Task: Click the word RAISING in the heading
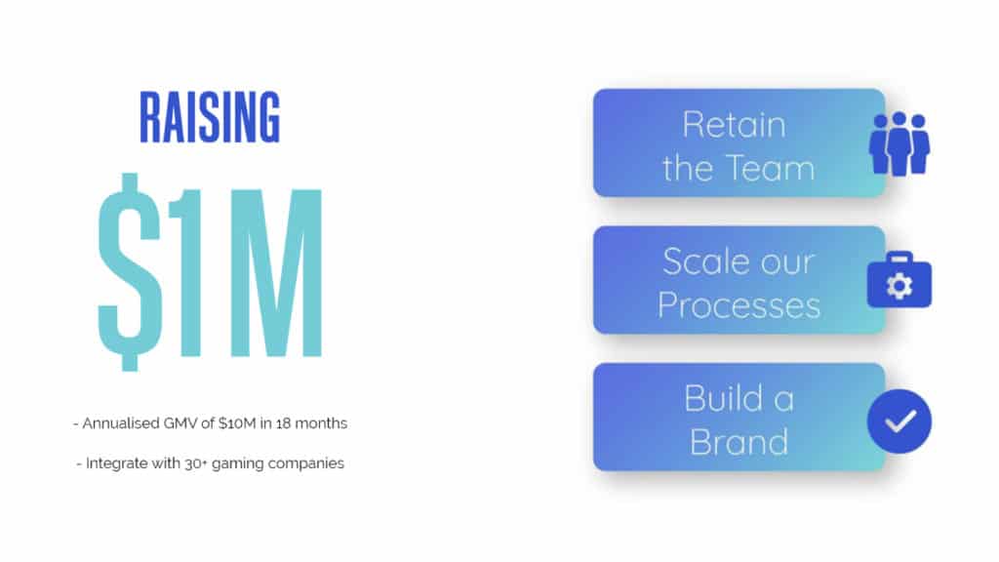pos(210,117)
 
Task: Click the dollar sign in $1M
pos(126,271)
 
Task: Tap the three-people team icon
pos(899,143)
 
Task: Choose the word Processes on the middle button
pos(739,304)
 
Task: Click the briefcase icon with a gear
pos(899,282)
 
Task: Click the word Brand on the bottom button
pos(739,441)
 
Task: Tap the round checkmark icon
pos(899,421)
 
